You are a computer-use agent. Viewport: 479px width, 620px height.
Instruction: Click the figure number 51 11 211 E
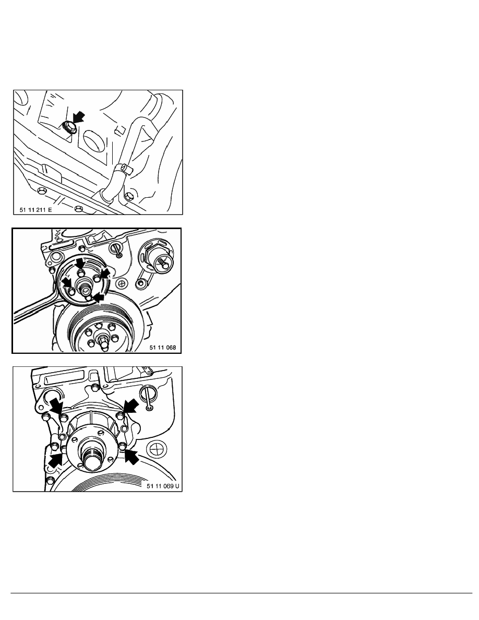click(x=35, y=210)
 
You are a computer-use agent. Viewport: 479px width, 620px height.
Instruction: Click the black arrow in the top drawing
click(x=79, y=117)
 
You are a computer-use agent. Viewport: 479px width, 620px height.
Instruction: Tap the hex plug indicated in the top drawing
click(x=69, y=127)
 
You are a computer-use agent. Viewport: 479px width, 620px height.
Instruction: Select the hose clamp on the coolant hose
click(x=123, y=170)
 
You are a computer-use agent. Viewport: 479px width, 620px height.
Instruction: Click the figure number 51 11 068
click(x=162, y=348)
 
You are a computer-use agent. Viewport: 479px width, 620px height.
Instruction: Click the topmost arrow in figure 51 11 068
click(x=80, y=263)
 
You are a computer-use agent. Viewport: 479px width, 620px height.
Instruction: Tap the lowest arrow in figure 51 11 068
click(x=98, y=297)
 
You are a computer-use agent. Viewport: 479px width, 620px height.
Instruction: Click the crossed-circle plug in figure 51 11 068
click(x=122, y=283)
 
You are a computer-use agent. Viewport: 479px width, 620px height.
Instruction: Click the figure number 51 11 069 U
click(x=163, y=486)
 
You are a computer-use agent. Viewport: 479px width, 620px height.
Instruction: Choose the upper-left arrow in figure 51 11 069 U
click(x=56, y=406)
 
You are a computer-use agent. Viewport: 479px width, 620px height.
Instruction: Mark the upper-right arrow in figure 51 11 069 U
click(x=131, y=406)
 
